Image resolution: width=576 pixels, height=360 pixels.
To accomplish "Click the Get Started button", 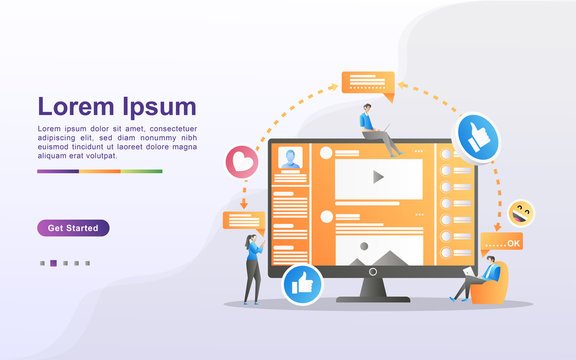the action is pyautogui.click(x=73, y=228).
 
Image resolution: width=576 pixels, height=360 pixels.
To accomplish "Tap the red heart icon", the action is pyautogui.click(x=239, y=161).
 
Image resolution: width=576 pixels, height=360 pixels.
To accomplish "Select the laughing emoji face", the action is pyautogui.click(x=520, y=212).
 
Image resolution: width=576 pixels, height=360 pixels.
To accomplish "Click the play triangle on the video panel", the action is pyautogui.click(x=378, y=177).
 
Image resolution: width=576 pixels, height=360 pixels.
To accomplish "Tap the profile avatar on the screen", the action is pyautogui.click(x=291, y=158).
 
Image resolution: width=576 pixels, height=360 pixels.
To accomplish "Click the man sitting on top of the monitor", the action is pyautogui.click(x=374, y=128).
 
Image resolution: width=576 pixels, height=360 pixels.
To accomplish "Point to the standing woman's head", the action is pyautogui.click(x=250, y=240).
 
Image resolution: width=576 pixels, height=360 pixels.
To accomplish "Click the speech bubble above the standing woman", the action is pyautogui.click(x=244, y=220).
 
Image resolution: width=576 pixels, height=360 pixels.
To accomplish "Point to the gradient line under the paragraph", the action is pyautogui.click(x=100, y=171).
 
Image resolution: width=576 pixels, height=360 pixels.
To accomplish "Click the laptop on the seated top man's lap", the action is pyautogui.click(x=377, y=134).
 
